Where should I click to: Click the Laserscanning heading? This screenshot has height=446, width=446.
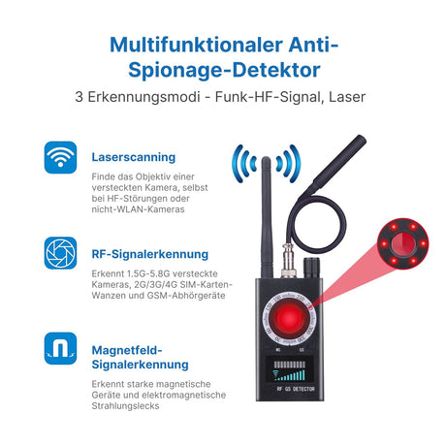pos(134,155)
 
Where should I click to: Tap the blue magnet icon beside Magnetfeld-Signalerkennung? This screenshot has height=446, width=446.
pos(60,347)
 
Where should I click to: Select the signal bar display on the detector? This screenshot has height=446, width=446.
pos(286,373)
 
